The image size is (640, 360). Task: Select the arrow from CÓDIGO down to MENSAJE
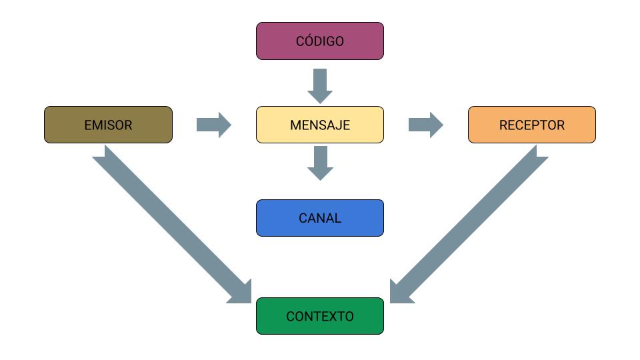(320, 85)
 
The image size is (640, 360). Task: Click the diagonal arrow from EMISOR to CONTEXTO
(167, 220)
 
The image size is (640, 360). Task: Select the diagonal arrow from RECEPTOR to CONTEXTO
(473, 220)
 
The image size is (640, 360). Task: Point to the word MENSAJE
(320, 125)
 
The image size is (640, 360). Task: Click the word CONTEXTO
(320, 317)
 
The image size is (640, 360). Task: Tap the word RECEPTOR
(531, 125)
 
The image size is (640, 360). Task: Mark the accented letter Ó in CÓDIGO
(307, 41)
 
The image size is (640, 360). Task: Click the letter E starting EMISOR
(88, 125)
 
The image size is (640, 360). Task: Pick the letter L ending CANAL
(338, 218)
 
